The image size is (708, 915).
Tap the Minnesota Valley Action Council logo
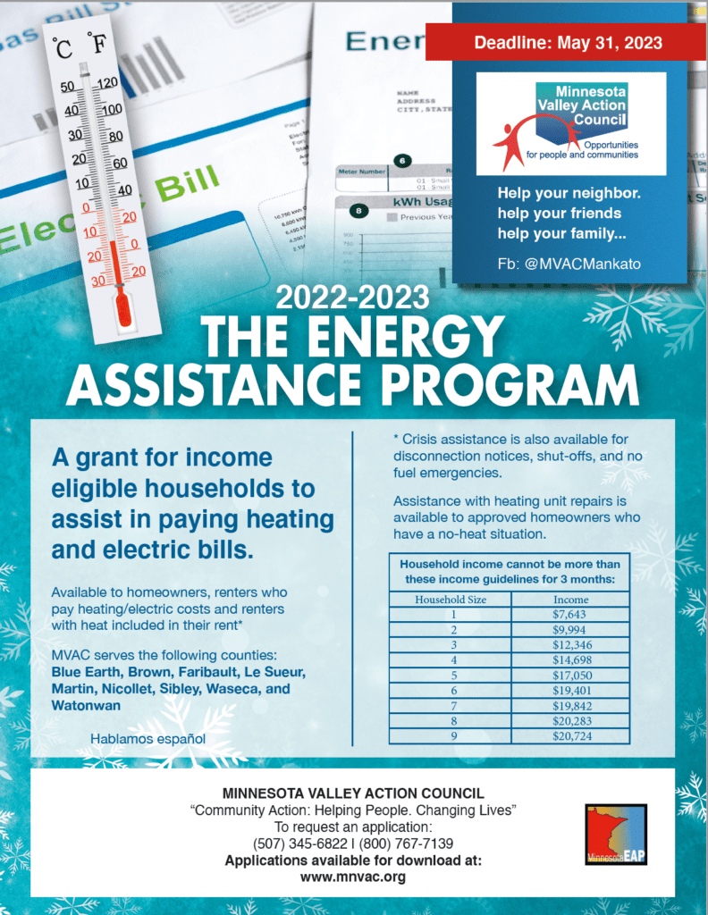pos(570,124)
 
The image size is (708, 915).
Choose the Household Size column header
pos(451,600)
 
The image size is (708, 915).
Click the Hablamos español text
pos(148,739)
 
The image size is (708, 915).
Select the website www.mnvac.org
pos(353,877)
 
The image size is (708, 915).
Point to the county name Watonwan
pos(86,706)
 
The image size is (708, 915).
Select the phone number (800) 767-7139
pos(406,844)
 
